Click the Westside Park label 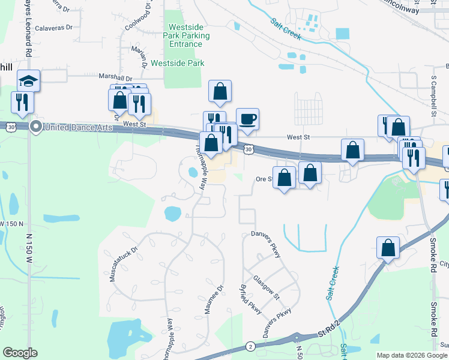pyautogui.click(x=178, y=63)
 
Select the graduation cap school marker pyautogui.click(x=28, y=80)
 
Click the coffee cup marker pyautogui.click(x=247, y=118)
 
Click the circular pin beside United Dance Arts pyautogui.click(x=35, y=126)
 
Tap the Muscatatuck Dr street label pyautogui.click(x=121, y=259)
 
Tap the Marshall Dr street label pyautogui.click(x=116, y=78)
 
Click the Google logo pyautogui.click(x=20, y=353)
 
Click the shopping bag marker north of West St pyautogui.click(x=220, y=91)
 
